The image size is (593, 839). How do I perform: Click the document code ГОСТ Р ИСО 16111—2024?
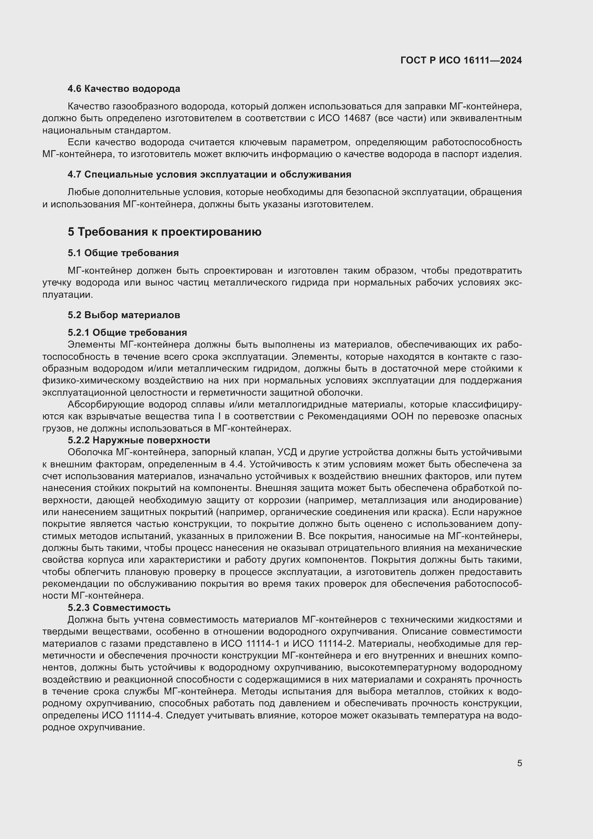click(461, 60)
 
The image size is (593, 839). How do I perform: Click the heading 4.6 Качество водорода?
click(124, 89)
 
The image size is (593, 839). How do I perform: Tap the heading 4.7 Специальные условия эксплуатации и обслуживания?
click(209, 174)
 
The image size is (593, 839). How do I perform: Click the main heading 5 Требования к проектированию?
click(164, 232)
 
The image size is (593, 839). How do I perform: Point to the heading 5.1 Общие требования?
click(123, 253)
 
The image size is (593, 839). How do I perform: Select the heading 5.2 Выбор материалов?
click(124, 315)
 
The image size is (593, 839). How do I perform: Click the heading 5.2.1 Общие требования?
click(127, 333)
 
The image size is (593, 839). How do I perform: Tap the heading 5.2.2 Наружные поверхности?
click(139, 440)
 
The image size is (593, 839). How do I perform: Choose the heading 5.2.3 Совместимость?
click(119, 608)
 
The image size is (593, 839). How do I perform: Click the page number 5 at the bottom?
click(519, 763)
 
